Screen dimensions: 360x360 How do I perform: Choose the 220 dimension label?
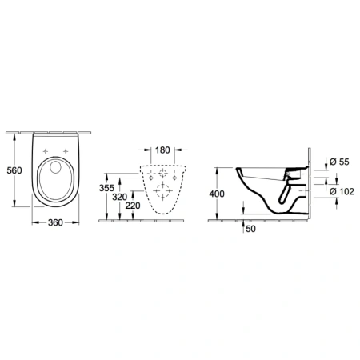tap(135, 206)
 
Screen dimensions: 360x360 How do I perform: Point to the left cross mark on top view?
tap(44, 150)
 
